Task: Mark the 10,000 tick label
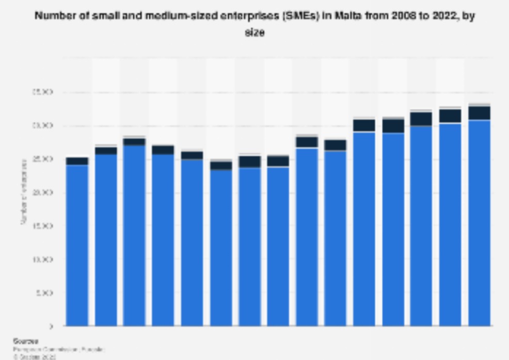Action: [44, 259]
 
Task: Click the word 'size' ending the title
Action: [254, 32]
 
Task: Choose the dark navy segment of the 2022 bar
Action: [479, 113]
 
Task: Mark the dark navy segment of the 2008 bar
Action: [77, 161]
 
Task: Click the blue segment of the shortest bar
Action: [221, 248]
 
